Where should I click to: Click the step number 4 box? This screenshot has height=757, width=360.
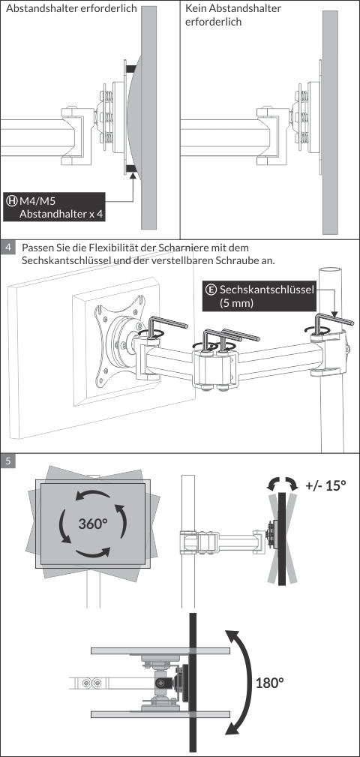(8, 248)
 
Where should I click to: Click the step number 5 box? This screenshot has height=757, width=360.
(8, 461)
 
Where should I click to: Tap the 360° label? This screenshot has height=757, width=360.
(93, 524)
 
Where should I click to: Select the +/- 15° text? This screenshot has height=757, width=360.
(325, 485)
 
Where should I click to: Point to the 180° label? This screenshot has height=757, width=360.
(269, 683)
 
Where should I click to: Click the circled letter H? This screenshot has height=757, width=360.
(11, 200)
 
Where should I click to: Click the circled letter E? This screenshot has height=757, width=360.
(211, 290)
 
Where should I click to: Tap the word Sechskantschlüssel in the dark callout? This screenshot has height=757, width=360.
(267, 290)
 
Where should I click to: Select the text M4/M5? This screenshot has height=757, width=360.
(34, 200)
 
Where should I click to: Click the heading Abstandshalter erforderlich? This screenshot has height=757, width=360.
(71, 9)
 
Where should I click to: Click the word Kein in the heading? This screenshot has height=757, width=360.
(196, 9)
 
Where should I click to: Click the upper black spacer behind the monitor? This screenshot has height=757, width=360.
(131, 69)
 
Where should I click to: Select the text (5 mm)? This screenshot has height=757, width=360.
(236, 304)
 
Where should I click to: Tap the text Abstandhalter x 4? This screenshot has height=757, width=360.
(61, 214)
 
